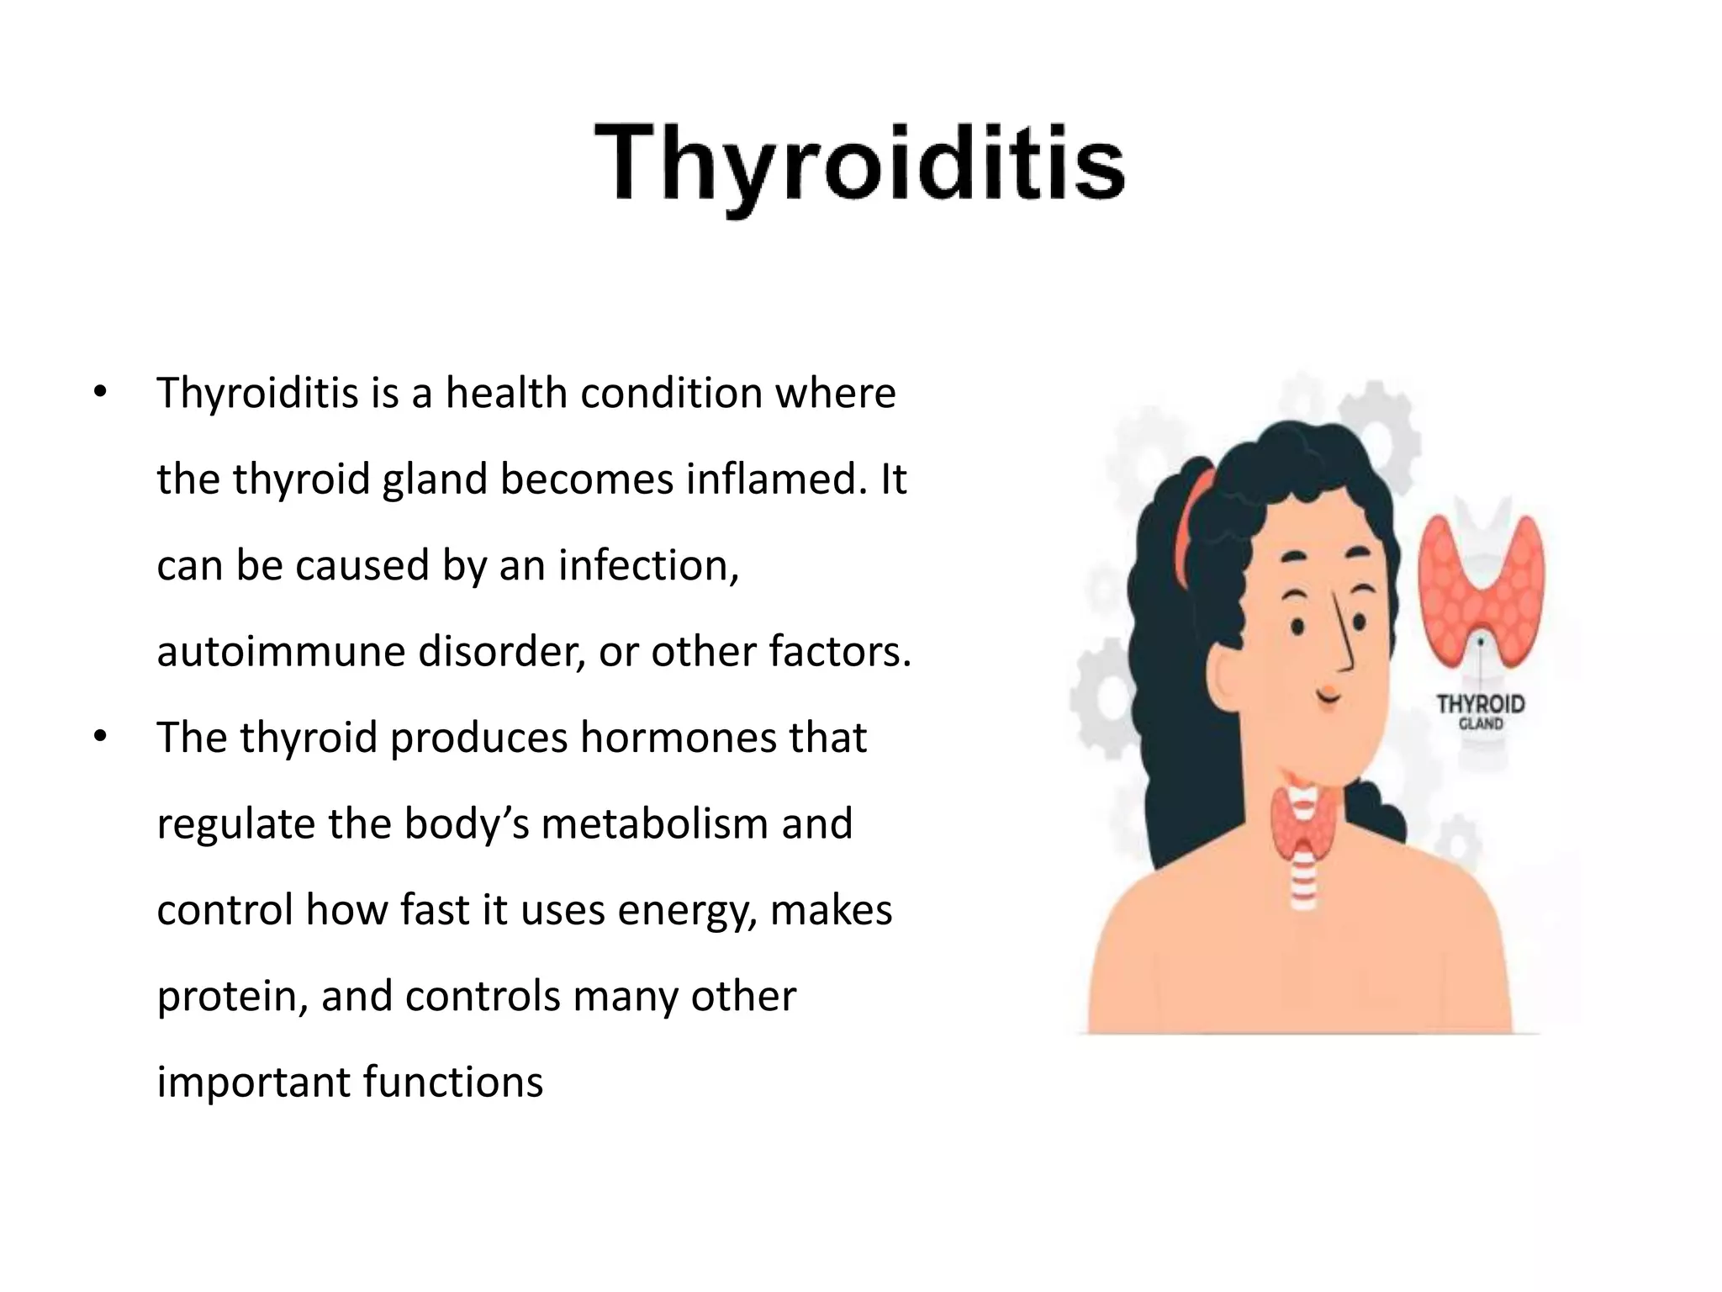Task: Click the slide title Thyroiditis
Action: [859, 165]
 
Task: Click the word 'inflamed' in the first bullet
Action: [774, 479]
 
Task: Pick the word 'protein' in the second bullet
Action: [226, 998]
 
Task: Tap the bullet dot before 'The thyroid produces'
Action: [101, 738]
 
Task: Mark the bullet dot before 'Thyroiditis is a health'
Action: [101, 393]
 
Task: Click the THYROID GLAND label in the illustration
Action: [1481, 711]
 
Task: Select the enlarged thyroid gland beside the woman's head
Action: [1481, 580]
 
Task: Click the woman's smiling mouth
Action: [1328, 695]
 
